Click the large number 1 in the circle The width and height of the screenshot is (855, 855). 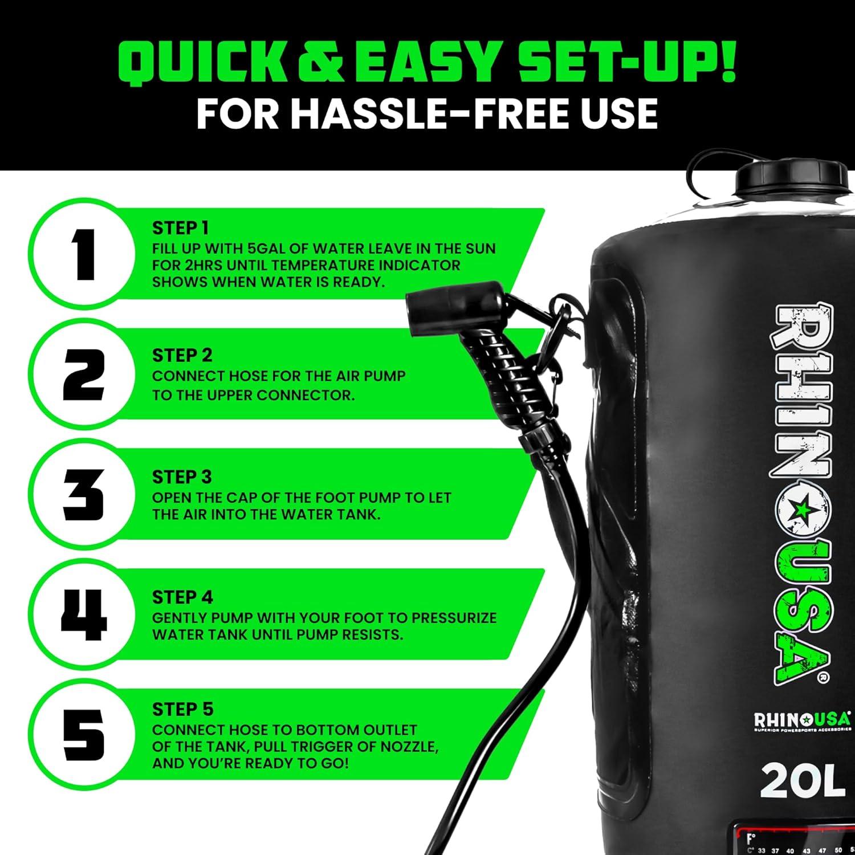[x=84, y=254]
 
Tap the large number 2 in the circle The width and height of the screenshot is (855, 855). [x=83, y=374]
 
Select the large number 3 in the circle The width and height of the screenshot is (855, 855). [x=83, y=494]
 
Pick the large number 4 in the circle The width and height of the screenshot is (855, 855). [x=84, y=614]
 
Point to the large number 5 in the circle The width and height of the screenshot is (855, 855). [x=83, y=734]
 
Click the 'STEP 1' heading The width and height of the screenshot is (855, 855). [x=180, y=228]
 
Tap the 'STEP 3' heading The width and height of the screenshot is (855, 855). [x=181, y=477]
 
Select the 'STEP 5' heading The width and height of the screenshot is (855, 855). [x=182, y=709]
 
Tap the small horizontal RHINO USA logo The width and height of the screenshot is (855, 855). [x=802, y=720]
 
